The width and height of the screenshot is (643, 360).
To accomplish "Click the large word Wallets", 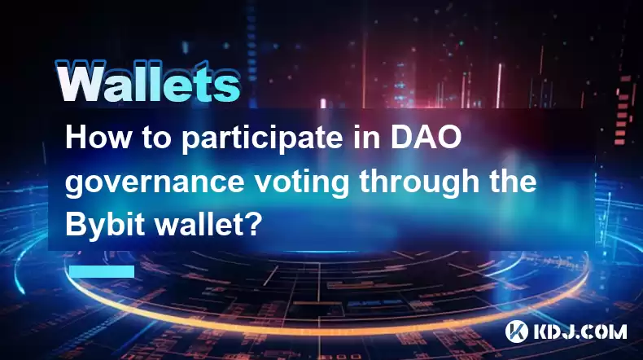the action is pyautogui.click(x=147, y=81).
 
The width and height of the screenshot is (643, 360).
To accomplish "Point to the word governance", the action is pyautogui.click(x=155, y=184).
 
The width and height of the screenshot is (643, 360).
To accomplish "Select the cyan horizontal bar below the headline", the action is pyautogui.click(x=102, y=271).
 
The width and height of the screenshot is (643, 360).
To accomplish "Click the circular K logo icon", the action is pyautogui.click(x=516, y=331).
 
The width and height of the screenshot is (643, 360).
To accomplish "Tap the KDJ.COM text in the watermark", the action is pyautogui.click(x=580, y=331).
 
